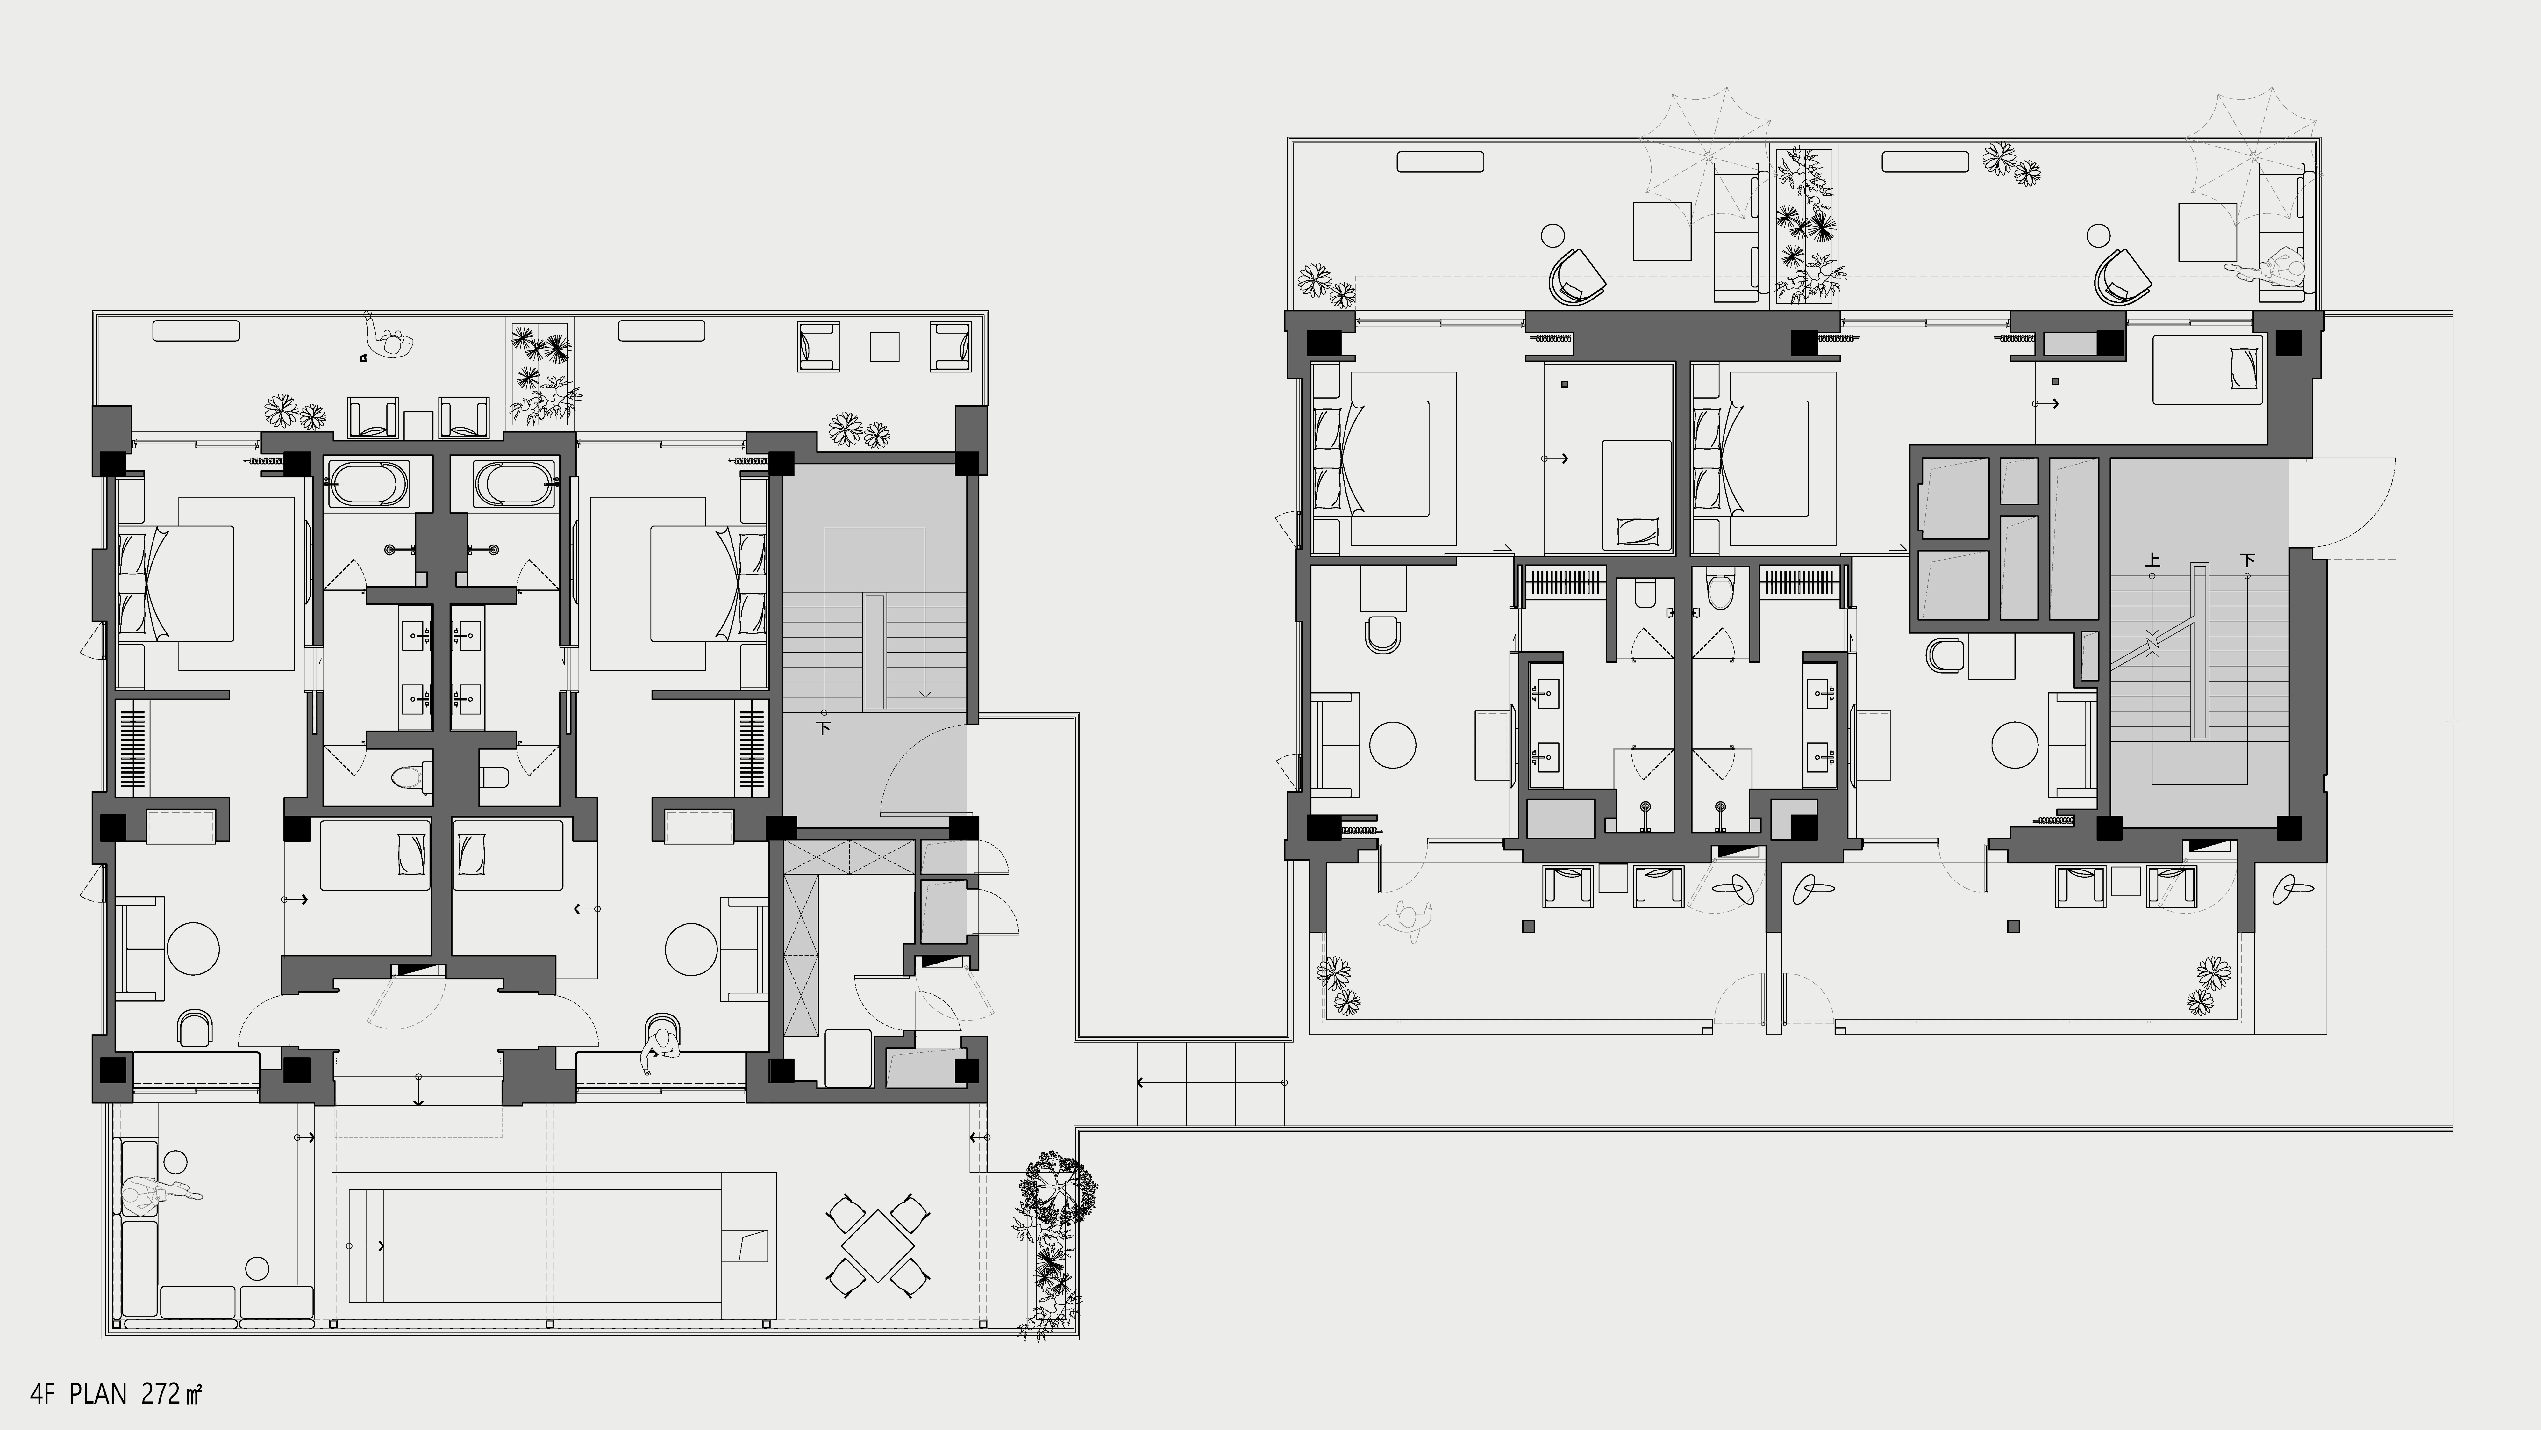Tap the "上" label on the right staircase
(x=2153, y=560)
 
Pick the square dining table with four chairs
(x=876, y=1246)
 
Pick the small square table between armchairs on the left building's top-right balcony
(x=884, y=346)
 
